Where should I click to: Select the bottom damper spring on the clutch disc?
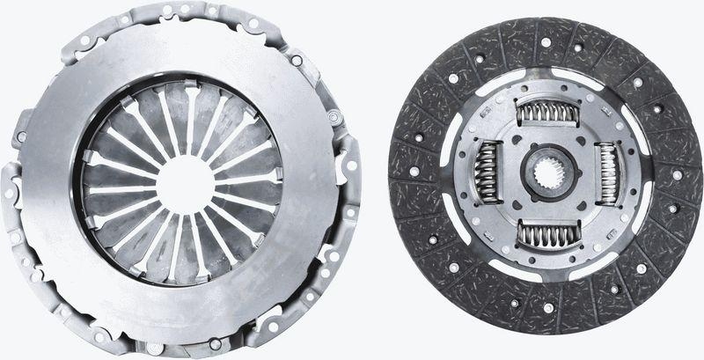click(x=546, y=233)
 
